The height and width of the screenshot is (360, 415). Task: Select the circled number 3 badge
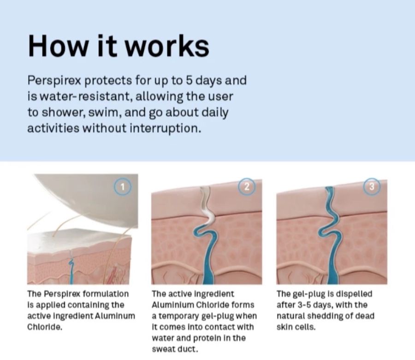pyautogui.click(x=372, y=187)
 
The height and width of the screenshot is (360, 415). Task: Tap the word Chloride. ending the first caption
pyautogui.click(x=45, y=327)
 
